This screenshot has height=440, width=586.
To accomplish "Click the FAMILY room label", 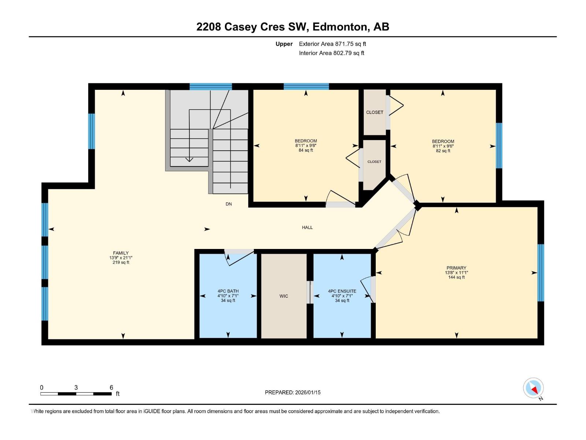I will [121, 253].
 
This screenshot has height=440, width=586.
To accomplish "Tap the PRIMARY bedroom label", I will [456, 268].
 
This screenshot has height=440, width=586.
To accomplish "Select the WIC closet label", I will [284, 296].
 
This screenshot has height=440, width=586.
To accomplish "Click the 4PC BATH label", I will [228, 291].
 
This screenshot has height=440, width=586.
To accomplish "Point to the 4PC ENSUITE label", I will [342, 291].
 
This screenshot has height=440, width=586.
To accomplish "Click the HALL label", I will [307, 227].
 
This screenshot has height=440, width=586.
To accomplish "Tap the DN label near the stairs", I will [229, 204].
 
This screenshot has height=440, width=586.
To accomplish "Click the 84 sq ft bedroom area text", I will [306, 150].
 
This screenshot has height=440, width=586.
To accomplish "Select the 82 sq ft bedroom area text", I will [443, 151].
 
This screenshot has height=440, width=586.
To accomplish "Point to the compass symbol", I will [534, 388].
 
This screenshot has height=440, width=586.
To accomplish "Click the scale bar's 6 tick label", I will [111, 388].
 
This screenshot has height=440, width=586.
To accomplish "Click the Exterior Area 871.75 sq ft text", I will [332, 44].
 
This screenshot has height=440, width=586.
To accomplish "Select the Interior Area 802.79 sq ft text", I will [331, 53].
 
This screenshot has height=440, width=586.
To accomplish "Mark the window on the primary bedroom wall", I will [541, 273].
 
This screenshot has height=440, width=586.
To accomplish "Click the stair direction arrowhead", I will [189, 159].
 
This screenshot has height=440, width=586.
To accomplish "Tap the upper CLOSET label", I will [375, 112].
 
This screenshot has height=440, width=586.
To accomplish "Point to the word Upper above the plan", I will [284, 44].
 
